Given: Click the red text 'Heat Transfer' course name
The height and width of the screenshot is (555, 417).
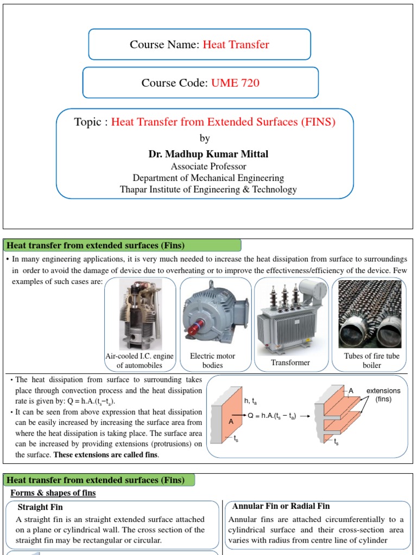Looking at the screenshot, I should [x=236, y=44].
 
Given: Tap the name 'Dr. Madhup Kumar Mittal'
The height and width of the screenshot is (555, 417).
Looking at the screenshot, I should [x=208, y=154].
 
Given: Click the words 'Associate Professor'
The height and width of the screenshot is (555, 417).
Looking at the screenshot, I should [x=208, y=166].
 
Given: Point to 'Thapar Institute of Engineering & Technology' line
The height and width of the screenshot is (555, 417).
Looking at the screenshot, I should [x=208, y=189].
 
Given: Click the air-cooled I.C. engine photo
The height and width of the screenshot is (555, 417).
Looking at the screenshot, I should [x=140, y=314].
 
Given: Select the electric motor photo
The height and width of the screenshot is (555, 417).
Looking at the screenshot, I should [x=216, y=314].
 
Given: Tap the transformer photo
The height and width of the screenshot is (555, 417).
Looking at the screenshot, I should [x=291, y=314].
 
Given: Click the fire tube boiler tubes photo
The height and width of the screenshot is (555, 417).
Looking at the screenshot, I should [x=370, y=314].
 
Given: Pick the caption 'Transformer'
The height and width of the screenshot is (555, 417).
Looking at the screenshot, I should [x=290, y=363].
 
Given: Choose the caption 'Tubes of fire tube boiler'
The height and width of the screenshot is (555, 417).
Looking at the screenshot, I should [x=371, y=360].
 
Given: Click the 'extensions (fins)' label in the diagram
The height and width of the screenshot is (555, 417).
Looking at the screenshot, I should [x=383, y=395].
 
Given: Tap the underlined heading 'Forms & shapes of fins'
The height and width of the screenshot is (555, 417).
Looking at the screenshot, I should [x=53, y=493].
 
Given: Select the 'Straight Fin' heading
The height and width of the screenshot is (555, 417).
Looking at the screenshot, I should [x=40, y=507].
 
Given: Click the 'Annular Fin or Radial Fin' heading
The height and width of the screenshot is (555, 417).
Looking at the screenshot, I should [x=281, y=506].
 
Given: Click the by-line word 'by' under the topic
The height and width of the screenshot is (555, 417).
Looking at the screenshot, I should [x=205, y=138].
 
